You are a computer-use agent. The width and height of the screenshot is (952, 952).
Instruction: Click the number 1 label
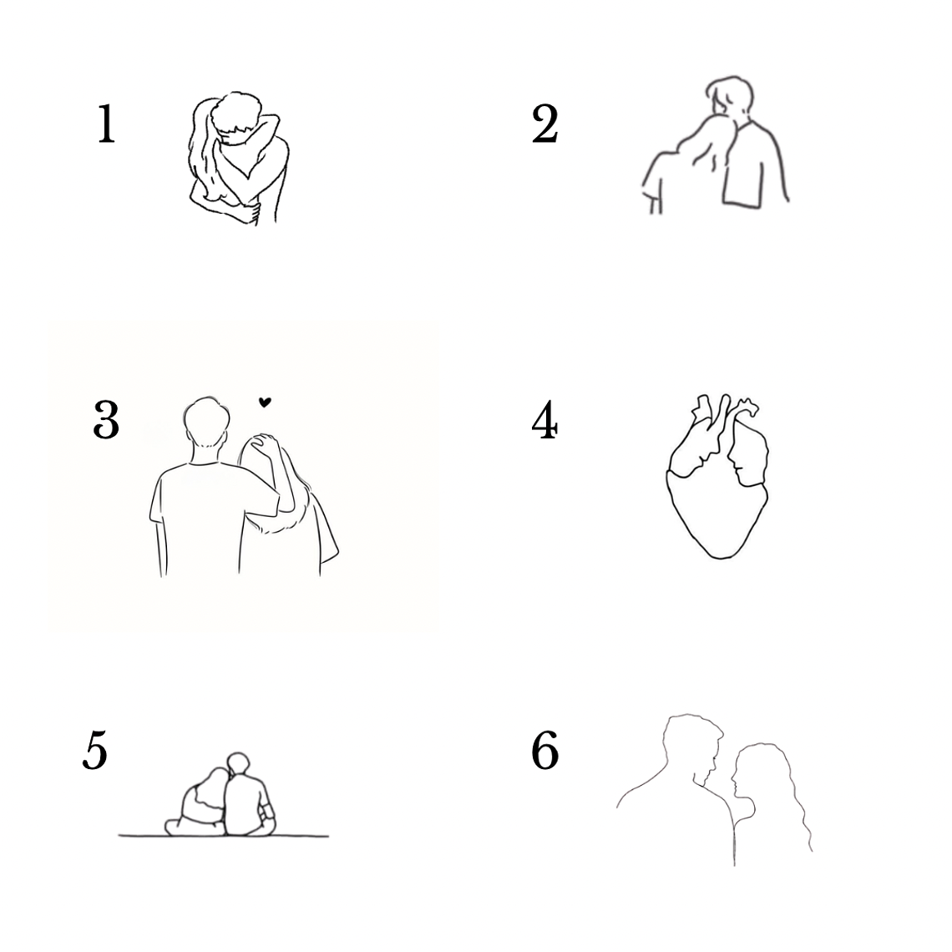(x=107, y=124)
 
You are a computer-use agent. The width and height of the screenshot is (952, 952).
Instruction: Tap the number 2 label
(x=544, y=124)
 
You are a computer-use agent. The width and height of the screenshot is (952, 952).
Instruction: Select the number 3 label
(x=106, y=419)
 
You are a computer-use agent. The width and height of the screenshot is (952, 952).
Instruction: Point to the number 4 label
(x=544, y=419)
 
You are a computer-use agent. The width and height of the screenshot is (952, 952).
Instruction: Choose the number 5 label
(x=95, y=751)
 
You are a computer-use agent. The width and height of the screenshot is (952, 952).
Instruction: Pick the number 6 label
(x=544, y=751)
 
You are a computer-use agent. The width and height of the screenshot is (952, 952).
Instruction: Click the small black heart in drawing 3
(x=265, y=402)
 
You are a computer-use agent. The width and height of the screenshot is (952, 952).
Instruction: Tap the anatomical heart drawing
(x=718, y=476)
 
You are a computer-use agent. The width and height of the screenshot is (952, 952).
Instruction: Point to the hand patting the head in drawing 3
(x=265, y=445)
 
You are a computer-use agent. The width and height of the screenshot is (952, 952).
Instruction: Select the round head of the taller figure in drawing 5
(x=238, y=763)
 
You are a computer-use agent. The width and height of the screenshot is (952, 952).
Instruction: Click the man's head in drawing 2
(x=730, y=97)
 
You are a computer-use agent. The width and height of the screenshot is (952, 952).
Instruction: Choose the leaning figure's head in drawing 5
(x=214, y=783)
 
